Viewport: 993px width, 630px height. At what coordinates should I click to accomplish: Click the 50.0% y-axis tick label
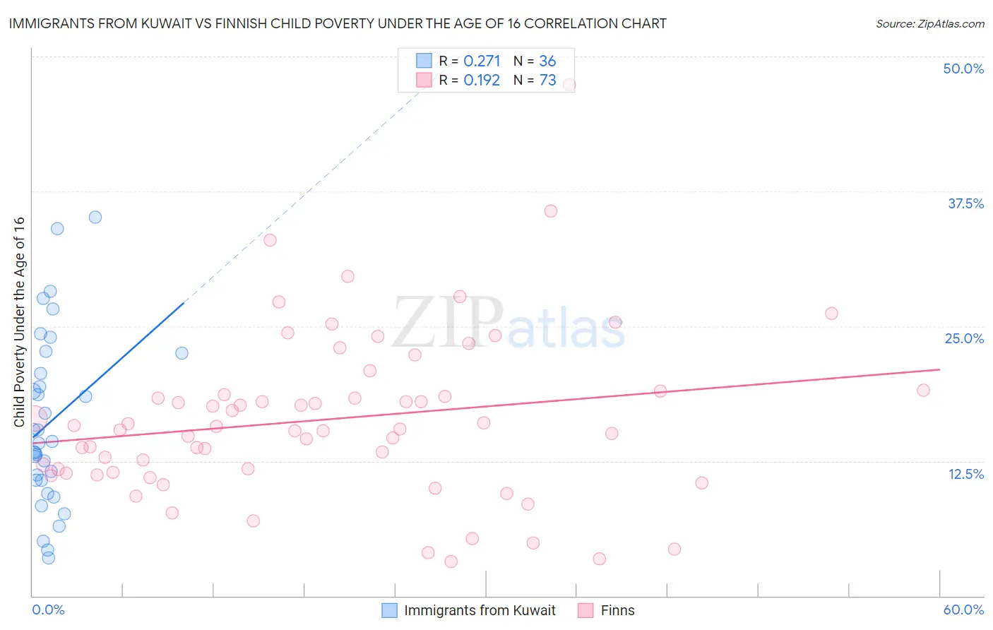point(963,69)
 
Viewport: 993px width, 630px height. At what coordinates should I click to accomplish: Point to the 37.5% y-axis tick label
point(965,203)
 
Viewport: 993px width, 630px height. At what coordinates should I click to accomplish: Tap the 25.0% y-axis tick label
point(964,338)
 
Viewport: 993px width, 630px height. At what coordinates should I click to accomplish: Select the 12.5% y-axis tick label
point(965,474)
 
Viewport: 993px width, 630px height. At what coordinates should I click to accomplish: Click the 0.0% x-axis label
point(48,610)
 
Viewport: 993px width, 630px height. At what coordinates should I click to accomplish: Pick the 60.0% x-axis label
point(963,610)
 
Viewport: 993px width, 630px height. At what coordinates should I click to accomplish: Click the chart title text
point(338,23)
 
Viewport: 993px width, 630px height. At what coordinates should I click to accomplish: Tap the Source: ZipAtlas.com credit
point(929,23)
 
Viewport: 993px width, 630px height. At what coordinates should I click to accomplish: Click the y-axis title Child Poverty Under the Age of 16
point(19,321)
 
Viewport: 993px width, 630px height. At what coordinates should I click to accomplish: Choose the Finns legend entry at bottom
point(617,610)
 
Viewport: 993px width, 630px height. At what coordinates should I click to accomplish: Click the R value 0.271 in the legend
point(482,61)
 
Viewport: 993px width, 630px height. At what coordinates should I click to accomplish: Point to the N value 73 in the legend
point(547,81)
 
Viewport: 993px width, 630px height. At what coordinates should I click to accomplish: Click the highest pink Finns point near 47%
point(569,85)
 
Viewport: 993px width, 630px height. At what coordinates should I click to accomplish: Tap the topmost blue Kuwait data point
point(95,217)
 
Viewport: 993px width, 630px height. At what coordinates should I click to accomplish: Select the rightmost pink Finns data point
point(923,390)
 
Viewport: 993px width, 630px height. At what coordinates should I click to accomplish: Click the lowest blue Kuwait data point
point(49,557)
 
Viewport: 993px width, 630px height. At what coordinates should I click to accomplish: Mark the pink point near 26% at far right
point(831,313)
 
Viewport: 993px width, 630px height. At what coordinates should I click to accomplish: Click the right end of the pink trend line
point(939,369)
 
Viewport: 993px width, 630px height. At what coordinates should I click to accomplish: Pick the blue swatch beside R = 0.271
point(423,61)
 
